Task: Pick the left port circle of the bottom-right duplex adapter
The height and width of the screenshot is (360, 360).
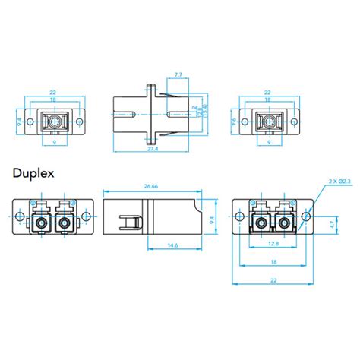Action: pos(259,223)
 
